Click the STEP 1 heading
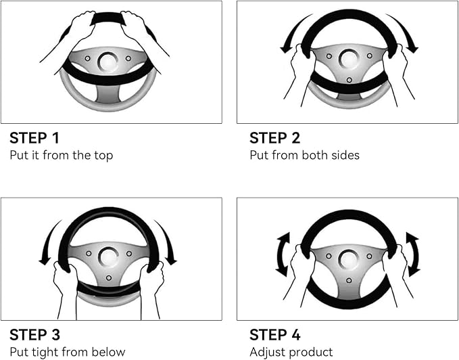(34, 138)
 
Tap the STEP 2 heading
(275, 138)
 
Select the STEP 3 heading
(35, 335)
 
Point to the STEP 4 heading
(275, 335)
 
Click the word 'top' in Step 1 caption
(103, 156)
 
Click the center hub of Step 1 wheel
(108, 62)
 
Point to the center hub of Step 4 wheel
(349, 260)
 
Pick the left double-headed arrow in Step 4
(282, 254)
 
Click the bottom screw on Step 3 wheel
(109, 277)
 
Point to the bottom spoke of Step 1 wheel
(108, 94)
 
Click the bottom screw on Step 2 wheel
(349, 80)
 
